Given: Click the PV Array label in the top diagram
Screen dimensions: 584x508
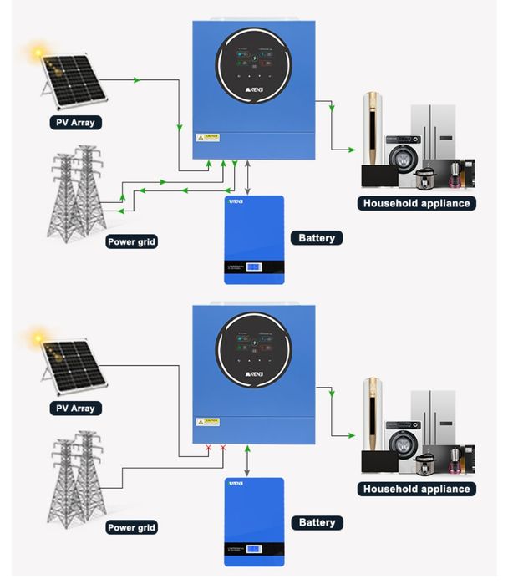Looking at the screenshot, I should point(75,123).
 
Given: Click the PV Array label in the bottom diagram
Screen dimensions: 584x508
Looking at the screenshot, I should point(75,409).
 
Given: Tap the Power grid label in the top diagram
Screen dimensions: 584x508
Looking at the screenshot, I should point(132,242).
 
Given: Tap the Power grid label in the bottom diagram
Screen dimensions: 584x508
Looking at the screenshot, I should point(132,527).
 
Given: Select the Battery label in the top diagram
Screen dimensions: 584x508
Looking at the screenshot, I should point(317,238).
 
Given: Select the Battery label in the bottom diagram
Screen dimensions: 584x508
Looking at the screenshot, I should point(317,522).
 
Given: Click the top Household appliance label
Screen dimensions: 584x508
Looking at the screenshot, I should point(417,203).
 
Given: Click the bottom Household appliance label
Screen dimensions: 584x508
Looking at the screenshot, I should point(417,489).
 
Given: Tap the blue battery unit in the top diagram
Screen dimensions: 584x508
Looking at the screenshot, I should point(253,239).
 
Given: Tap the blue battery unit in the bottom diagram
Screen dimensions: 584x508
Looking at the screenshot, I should point(253,522).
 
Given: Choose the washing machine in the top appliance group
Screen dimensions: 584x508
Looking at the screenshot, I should point(404,160).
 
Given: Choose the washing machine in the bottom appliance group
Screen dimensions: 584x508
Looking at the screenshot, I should point(404,444).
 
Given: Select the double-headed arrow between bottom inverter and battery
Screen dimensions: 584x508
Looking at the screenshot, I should point(247,462).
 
